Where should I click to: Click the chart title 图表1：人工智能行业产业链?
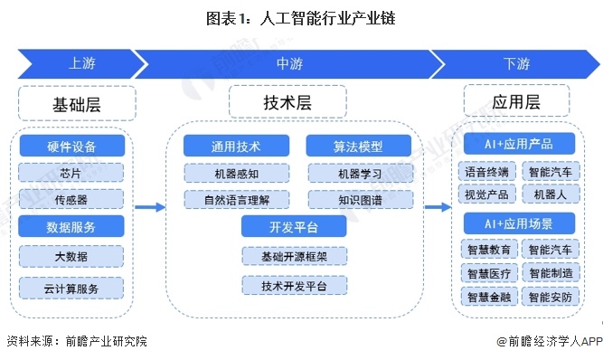[x=302, y=17]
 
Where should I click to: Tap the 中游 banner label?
[x=289, y=65]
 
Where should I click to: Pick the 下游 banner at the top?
[x=516, y=65]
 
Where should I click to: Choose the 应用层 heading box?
[x=515, y=101]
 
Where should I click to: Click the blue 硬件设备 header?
[x=71, y=147]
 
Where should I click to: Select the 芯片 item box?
[x=71, y=172]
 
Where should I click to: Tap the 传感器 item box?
[x=71, y=198]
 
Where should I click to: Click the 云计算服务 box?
[x=71, y=288]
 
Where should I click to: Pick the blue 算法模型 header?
[x=357, y=147]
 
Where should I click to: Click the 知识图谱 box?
[x=357, y=198]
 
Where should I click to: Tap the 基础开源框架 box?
[x=294, y=257]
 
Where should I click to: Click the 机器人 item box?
[x=551, y=194]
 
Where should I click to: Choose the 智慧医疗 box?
[x=487, y=272]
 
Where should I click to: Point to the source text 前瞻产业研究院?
[x=104, y=342]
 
